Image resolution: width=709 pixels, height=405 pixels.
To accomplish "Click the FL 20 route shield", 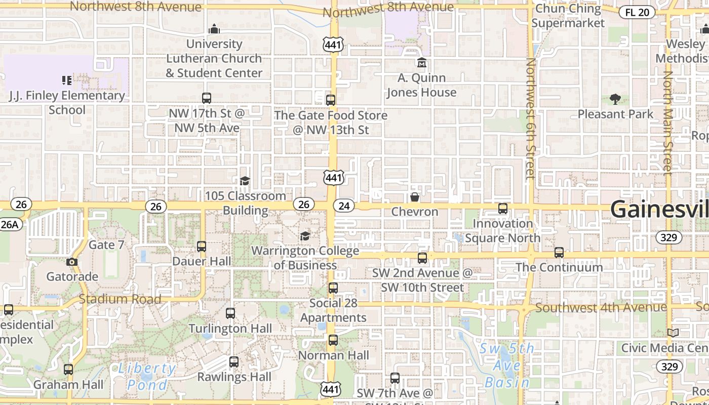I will tap(637, 13).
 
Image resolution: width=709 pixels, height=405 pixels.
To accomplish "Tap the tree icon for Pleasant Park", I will tap(615, 99).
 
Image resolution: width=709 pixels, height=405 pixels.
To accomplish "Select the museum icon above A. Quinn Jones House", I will tap(421, 63).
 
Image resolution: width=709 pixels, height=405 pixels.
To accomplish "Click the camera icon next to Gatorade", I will tap(72, 262).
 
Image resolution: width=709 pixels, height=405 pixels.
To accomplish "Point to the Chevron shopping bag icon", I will tap(414, 197).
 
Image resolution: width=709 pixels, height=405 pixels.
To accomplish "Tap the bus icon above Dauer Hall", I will tap(202, 247).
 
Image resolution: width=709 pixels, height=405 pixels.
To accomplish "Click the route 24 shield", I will tap(344, 206).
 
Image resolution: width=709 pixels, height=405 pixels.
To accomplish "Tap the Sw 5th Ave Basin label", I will tap(506, 365).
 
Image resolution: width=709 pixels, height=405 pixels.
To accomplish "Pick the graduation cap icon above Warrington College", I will tap(305, 236).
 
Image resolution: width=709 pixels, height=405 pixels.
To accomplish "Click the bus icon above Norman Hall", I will tap(333, 340).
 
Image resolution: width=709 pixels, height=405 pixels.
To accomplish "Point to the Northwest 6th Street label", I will tap(530, 119).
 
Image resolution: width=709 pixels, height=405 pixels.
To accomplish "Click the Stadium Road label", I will tap(120, 299).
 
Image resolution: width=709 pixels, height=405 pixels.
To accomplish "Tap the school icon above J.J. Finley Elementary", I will tap(66, 80).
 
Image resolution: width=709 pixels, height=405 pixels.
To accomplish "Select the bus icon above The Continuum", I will tap(559, 252).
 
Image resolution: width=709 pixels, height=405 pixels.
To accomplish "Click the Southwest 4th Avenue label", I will tap(601, 307).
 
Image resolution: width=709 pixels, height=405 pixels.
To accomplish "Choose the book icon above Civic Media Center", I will tap(673, 333).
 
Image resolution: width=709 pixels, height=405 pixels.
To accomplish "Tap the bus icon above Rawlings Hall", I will tap(233, 362).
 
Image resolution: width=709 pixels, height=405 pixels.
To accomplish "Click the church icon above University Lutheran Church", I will tap(214, 29).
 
